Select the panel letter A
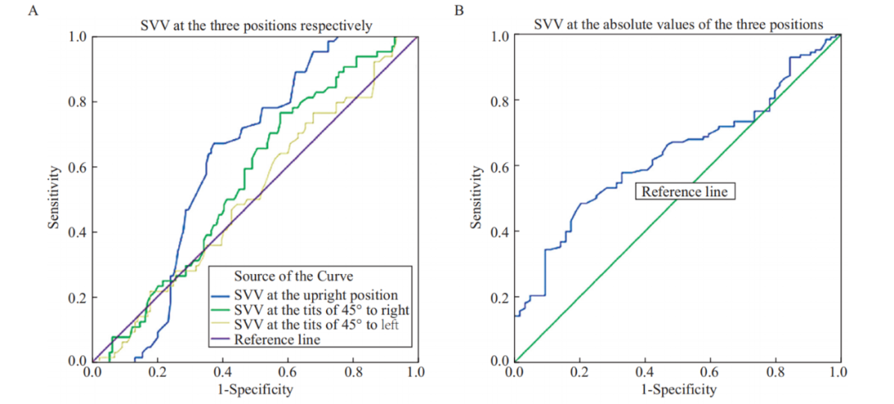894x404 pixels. (33, 12)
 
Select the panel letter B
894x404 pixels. (457, 12)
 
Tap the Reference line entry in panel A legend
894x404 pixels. (277, 339)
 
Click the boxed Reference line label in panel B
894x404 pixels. (685, 191)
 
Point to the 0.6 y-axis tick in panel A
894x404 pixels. (75, 166)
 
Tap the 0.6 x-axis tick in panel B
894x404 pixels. (709, 373)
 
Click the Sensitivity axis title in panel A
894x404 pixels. (55, 199)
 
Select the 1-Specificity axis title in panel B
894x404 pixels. (676, 388)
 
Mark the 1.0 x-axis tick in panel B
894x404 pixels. (839, 373)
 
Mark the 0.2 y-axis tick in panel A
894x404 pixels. (75, 296)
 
